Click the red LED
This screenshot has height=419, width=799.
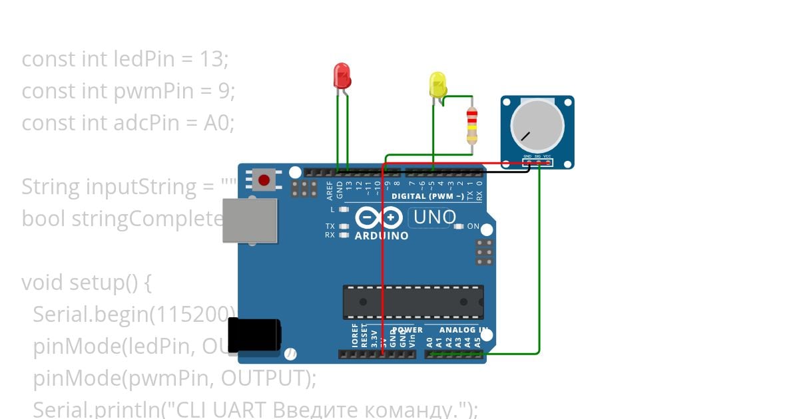tap(342, 76)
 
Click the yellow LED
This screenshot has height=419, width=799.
tap(437, 85)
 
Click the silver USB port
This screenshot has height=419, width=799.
tap(250, 220)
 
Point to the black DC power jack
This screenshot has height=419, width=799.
tap(254, 335)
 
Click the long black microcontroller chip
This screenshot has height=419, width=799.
tap(413, 302)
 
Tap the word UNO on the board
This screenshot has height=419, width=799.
tap(435, 217)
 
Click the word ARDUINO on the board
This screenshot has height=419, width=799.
tap(382, 236)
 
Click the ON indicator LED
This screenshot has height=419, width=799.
tap(457, 226)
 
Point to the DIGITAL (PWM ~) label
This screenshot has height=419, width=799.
tap(427, 196)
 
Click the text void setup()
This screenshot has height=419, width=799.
tap(87, 283)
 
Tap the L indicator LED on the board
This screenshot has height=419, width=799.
tap(344, 209)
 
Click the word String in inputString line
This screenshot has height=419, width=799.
tap(51, 187)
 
